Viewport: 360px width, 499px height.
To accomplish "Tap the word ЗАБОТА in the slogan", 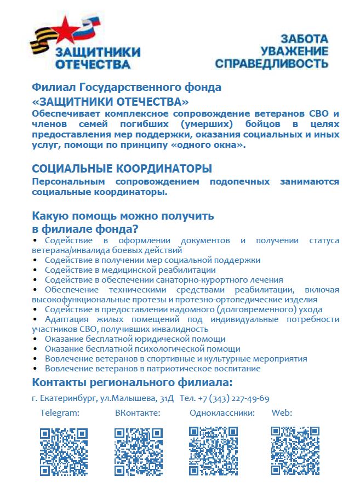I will [x=304, y=39].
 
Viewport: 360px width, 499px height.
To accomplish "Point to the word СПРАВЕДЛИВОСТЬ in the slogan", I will [x=272, y=64].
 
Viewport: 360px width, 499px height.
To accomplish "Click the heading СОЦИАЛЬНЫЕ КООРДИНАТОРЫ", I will [x=122, y=169].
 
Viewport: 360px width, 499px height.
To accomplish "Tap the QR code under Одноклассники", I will [x=213, y=450].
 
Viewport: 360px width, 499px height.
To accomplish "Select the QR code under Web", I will [x=295, y=450].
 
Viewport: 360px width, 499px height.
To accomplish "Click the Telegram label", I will [x=60, y=413].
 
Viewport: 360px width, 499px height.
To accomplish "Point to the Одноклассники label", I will [x=222, y=413].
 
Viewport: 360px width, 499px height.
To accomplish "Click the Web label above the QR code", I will [x=282, y=413].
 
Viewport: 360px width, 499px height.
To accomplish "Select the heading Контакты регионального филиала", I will [x=132, y=382].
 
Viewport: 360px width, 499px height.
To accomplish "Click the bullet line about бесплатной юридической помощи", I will [x=135, y=339].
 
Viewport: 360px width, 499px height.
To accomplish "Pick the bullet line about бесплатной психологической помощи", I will [x=142, y=349].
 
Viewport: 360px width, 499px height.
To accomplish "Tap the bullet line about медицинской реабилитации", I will [x=130, y=270].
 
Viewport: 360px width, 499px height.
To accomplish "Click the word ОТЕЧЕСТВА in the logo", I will [x=93, y=65].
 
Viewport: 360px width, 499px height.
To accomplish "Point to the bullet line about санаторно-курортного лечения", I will [x=163, y=280].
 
